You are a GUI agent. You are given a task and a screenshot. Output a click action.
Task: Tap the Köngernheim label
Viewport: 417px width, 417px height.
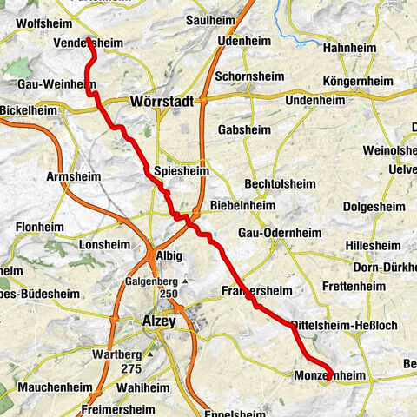click(x=355, y=82)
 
